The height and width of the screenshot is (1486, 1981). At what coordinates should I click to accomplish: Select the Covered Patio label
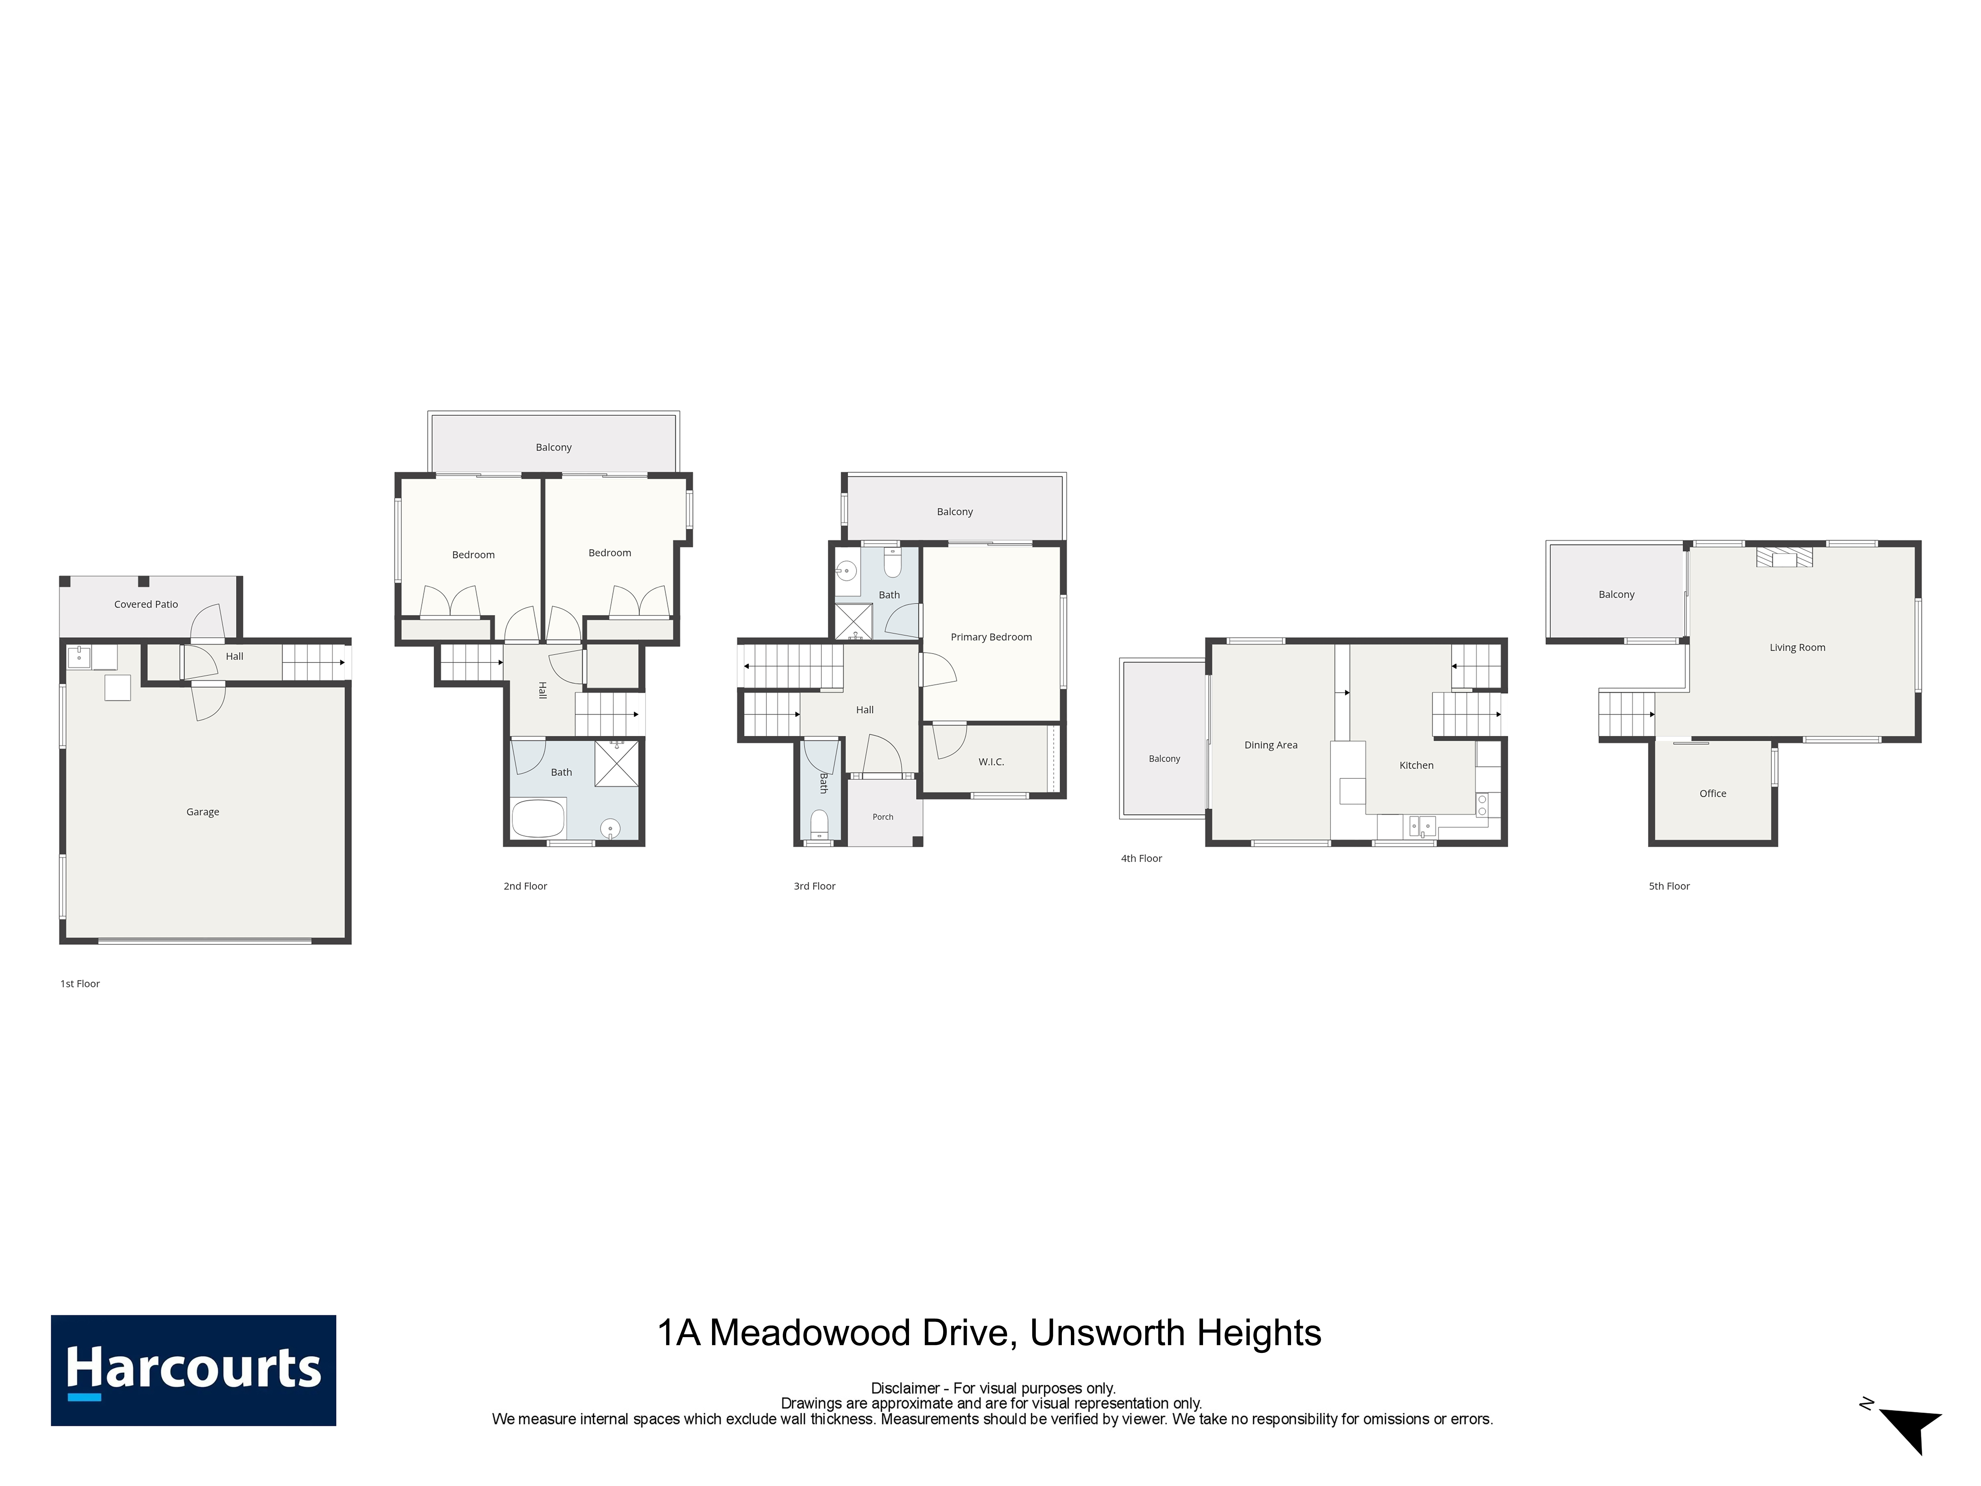[x=146, y=605]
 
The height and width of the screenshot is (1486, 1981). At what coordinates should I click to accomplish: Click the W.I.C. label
[x=991, y=762]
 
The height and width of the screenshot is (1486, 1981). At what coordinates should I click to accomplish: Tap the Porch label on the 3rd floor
[x=883, y=817]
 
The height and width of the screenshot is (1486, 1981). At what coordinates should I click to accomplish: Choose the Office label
[x=1712, y=794]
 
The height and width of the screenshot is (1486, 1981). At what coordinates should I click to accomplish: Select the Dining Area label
[x=1271, y=745]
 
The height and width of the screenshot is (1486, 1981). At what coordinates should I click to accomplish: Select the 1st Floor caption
[x=80, y=984]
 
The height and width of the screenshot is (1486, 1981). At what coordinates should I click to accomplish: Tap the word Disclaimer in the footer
[x=905, y=1388]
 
